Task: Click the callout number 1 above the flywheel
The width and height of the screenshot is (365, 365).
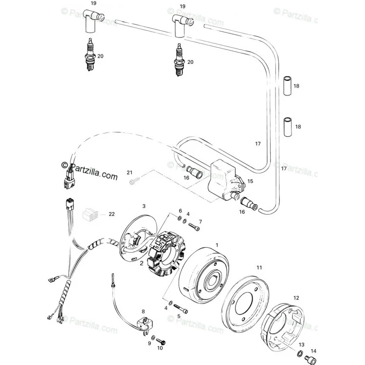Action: pyautogui.click(x=217, y=245)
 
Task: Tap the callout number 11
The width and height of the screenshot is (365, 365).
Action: pyautogui.click(x=259, y=268)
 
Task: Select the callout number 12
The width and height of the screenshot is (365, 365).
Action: pyautogui.click(x=296, y=298)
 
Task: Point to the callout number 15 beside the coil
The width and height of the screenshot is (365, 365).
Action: pyautogui.click(x=250, y=181)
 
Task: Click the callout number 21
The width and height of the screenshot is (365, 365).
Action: pyautogui.click(x=129, y=172)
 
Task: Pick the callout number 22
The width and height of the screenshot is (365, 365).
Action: pyautogui.click(x=112, y=214)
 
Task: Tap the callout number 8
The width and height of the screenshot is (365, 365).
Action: pyautogui.click(x=143, y=311)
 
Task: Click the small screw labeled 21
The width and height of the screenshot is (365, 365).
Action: pyautogui.click(x=134, y=181)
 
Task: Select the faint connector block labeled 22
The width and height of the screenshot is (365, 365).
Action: pyautogui.click(x=91, y=214)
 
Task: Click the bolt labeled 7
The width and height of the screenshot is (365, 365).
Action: pyautogui.click(x=194, y=226)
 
